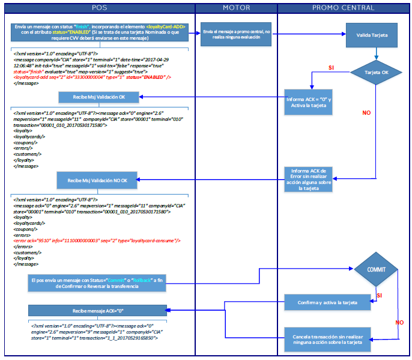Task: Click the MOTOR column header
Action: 236,7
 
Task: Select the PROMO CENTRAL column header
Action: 343,7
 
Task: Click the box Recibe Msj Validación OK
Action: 99,97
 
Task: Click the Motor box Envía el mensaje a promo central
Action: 236,35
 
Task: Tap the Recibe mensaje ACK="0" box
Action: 97,310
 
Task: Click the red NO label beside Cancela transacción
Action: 399,322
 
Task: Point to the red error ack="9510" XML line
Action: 96,240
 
